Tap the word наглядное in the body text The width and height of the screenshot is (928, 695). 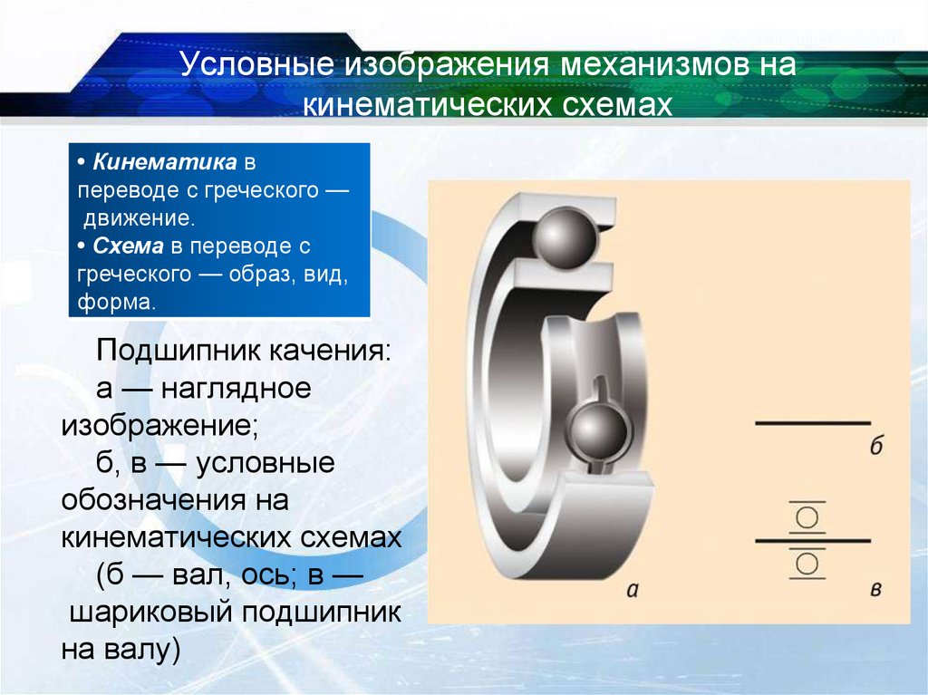[x=238, y=389]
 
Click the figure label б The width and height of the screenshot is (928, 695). [x=876, y=447]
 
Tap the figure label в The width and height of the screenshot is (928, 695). [x=876, y=590]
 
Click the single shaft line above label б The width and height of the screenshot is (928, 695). [x=813, y=422]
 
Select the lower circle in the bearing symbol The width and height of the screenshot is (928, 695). [x=807, y=565]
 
